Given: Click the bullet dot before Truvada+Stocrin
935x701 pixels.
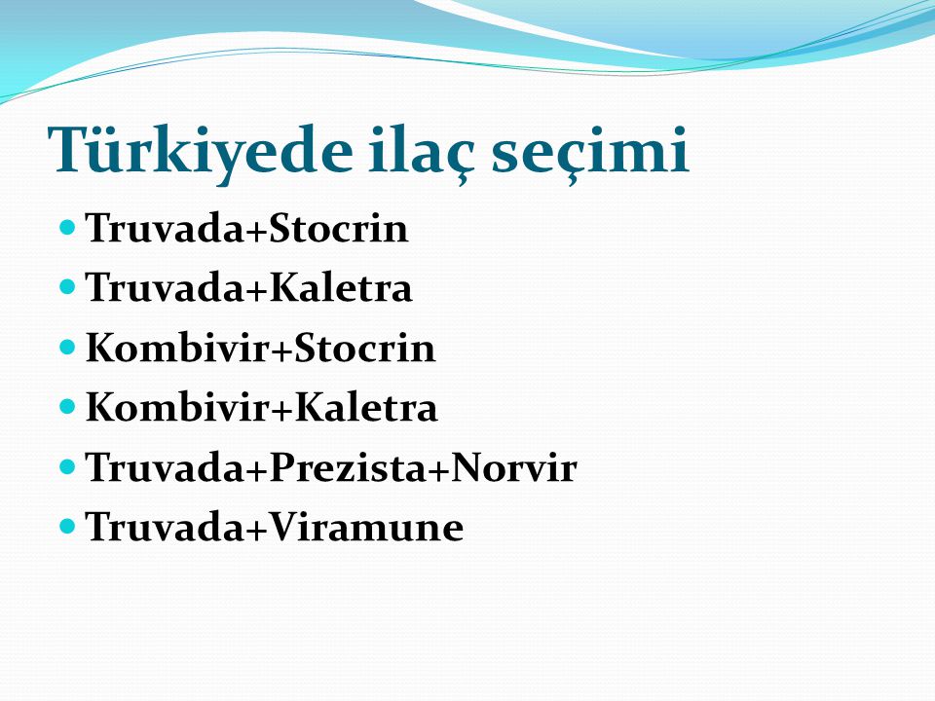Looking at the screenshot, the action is coord(68,227).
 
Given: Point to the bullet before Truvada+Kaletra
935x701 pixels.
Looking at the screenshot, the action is coord(68,286).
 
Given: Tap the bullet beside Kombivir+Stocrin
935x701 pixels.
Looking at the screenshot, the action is coord(68,347).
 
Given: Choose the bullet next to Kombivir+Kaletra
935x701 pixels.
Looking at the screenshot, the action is coord(68,407).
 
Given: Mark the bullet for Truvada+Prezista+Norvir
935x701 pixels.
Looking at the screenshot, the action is coord(68,466).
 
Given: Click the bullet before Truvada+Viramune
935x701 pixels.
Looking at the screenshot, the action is coord(68,526).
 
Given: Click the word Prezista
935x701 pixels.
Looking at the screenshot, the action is coord(348,466).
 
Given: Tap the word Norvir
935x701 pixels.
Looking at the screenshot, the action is coord(513,466).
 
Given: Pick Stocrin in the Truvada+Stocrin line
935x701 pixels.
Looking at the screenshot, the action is coord(339,228).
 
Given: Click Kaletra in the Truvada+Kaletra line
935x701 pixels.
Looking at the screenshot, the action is coord(341,287).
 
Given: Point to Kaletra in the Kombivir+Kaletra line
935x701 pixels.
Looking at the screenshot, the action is coord(366,407).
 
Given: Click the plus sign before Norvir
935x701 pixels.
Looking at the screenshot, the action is coord(437,469).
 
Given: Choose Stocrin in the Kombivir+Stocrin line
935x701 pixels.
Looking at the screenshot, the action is coord(365,348).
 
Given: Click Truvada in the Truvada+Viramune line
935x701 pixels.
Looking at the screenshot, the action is coord(165,527).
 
